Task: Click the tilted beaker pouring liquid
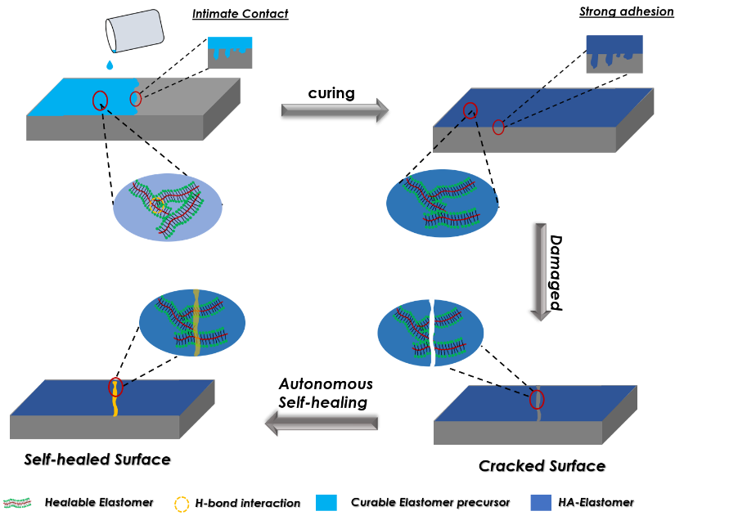pos(135,31)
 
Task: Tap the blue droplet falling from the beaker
pos(110,65)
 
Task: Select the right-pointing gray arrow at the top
pos(334,110)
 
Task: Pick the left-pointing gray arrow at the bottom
pos(322,424)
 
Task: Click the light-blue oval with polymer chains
pos(168,207)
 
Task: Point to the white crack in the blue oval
pos(432,333)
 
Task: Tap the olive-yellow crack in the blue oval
pos(196,322)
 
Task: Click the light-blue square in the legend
pos(326,503)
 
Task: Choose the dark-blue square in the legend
pos(540,503)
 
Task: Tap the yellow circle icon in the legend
pos(182,504)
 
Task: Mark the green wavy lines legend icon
pos(17,503)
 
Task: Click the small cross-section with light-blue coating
pos(230,52)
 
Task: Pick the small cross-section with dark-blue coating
pos(614,54)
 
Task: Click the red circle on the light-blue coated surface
pos(100,101)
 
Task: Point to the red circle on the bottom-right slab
pos(537,399)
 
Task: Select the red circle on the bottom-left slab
pos(115,387)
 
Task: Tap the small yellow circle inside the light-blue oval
pos(155,204)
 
